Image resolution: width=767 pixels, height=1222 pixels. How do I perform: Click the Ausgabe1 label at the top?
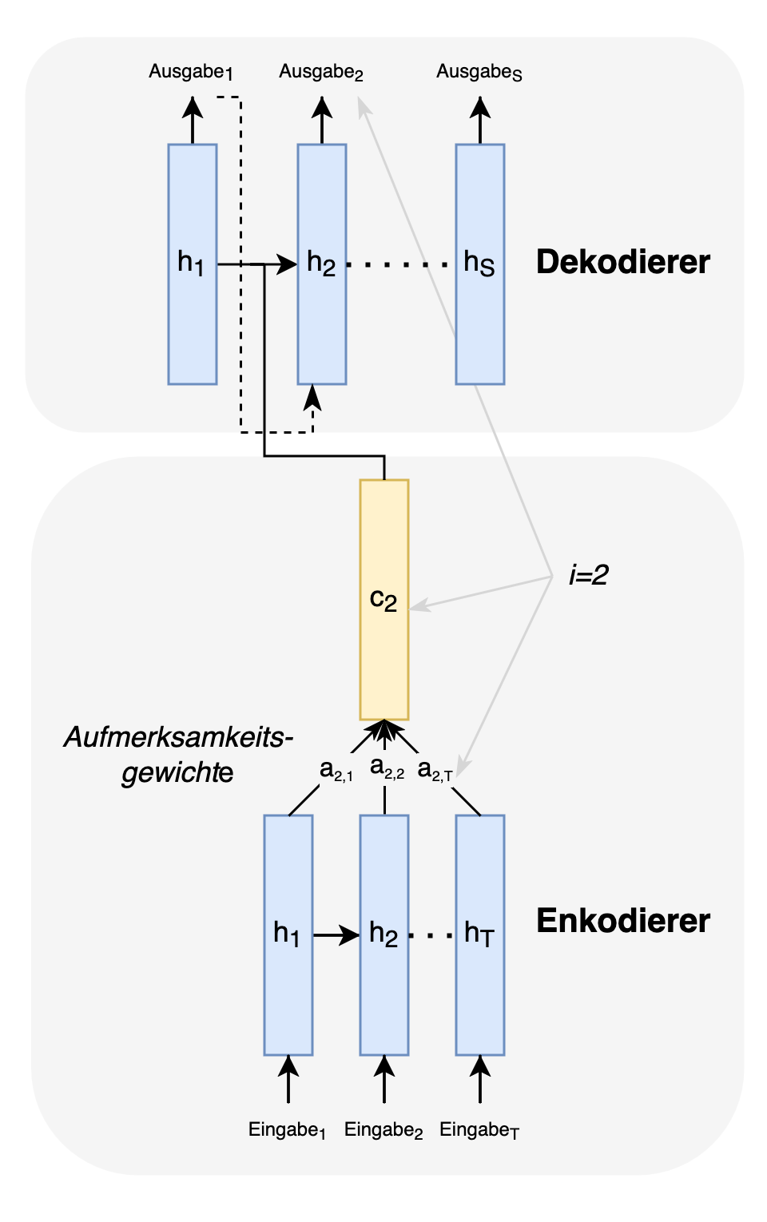(x=190, y=72)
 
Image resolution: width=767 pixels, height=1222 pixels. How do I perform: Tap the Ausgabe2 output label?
(x=320, y=72)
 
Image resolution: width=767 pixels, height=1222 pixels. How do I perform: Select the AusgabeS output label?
(x=479, y=72)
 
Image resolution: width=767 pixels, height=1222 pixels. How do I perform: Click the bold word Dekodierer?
(x=622, y=262)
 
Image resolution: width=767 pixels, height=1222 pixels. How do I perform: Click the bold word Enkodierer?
(x=622, y=921)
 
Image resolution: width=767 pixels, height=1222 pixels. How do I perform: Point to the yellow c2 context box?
(x=384, y=599)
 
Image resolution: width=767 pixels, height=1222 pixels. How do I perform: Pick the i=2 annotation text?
(x=588, y=575)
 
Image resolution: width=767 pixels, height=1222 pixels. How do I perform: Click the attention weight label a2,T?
(x=435, y=770)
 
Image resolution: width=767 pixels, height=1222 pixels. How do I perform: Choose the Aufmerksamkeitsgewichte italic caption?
(x=177, y=754)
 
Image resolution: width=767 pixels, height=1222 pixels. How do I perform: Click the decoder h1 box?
(x=193, y=264)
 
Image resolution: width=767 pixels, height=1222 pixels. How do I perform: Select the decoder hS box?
(x=480, y=264)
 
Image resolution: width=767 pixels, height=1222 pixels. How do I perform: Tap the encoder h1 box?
(x=288, y=934)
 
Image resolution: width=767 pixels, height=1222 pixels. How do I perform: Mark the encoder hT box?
(x=480, y=934)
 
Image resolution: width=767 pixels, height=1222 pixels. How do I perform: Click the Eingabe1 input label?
(x=287, y=1130)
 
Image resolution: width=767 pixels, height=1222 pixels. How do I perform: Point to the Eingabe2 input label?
(x=383, y=1130)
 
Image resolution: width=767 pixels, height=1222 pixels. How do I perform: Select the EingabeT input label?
(x=479, y=1130)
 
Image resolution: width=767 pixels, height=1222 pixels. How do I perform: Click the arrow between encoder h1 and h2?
(x=336, y=934)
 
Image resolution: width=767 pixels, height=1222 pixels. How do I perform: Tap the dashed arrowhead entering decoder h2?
(x=312, y=395)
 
